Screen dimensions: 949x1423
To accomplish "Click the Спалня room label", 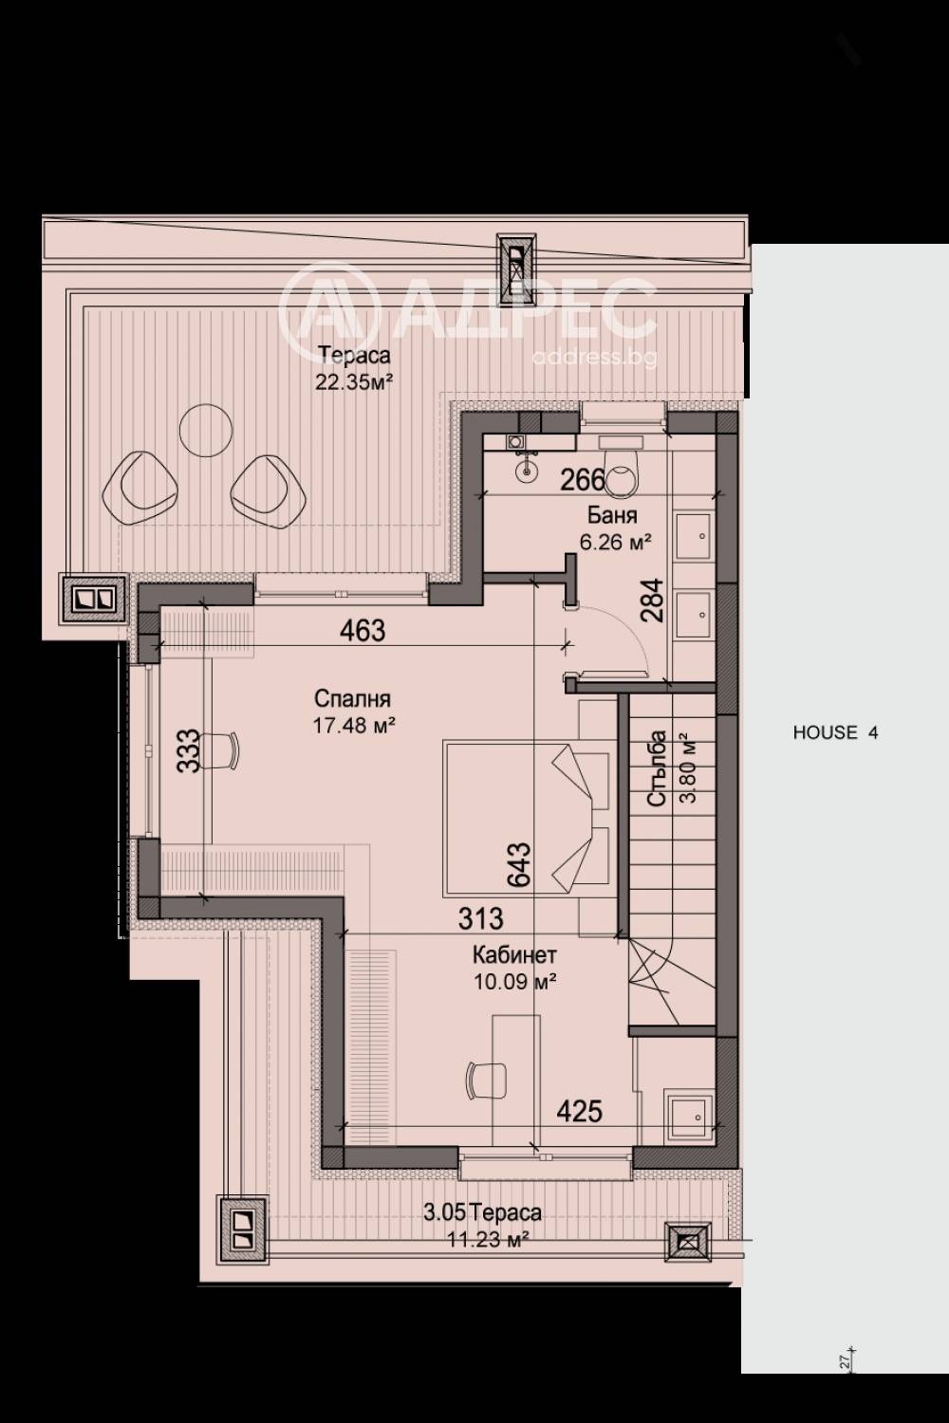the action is [x=352, y=699].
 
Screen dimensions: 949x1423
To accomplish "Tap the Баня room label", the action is [x=612, y=515].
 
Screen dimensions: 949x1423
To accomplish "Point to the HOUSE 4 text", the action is [x=835, y=732].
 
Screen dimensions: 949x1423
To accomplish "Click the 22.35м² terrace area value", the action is [x=353, y=381].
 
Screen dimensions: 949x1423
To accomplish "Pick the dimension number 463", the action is [x=363, y=631].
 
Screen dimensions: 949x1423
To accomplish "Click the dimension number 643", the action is [x=519, y=864].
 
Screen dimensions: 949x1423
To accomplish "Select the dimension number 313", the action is [x=480, y=918].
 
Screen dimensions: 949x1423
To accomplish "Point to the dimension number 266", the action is [x=583, y=480].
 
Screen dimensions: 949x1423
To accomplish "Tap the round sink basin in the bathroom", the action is [x=527, y=471].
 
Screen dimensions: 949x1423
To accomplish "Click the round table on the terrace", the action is [x=206, y=431].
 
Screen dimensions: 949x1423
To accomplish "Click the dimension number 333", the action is [x=188, y=750].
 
